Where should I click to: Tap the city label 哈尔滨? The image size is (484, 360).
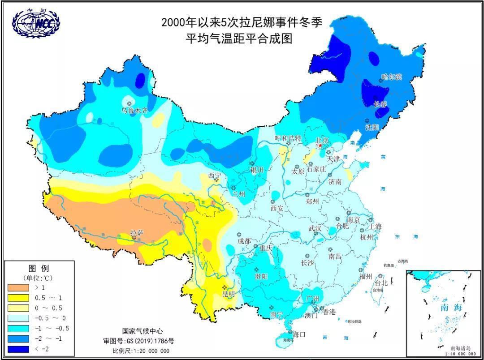coord(392,77)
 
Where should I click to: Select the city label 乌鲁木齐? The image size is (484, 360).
coord(134,110)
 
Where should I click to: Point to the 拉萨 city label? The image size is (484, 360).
coord(137,233)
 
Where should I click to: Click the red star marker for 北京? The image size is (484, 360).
coord(320,146)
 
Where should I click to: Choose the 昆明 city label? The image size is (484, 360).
coord(228,294)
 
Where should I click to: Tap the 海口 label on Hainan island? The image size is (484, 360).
coord(299,334)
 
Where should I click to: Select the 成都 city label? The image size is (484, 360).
coord(245,241)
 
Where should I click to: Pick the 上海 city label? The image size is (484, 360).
coord(376,227)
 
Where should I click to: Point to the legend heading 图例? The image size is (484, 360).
coord(39,269)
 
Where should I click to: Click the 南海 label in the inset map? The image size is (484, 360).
coord(450,308)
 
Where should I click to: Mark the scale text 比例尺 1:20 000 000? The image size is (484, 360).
coord(141,351)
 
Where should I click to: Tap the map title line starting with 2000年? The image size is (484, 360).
coord(242,22)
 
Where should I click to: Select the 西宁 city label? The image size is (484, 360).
coord(214,175)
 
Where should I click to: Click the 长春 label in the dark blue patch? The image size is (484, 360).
coord(380,104)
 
